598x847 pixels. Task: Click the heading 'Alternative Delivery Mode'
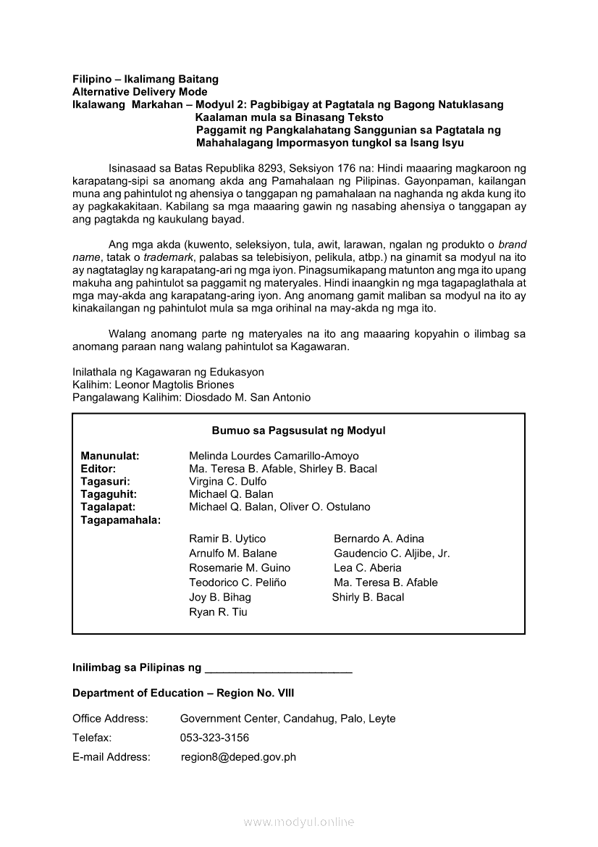pyautogui.click(x=140, y=92)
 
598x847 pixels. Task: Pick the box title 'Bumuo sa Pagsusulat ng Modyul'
pyautogui.click(x=298, y=430)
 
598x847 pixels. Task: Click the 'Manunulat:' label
pyautogui.click(x=110, y=456)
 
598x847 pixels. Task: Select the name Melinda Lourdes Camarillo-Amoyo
pyautogui.click(x=274, y=456)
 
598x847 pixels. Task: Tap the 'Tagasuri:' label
pyautogui.click(x=106, y=481)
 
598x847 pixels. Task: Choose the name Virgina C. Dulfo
pyautogui.click(x=227, y=481)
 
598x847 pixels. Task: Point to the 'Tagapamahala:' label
pyautogui.click(x=121, y=520)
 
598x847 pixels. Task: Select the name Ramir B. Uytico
pyautogui.click(x=227, y=539)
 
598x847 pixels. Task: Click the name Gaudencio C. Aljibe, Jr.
pyautogui.click(x=392, y=554)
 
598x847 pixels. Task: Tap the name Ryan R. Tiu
pyautogui.click(x=218, y=612)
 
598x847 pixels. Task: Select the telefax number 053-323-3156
pyautogui.click(x=214, y=738)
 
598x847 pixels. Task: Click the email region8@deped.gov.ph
pyautogui.click(x=238, y=757)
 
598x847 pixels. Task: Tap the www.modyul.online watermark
pyautogui.click(x=299, y=822)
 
